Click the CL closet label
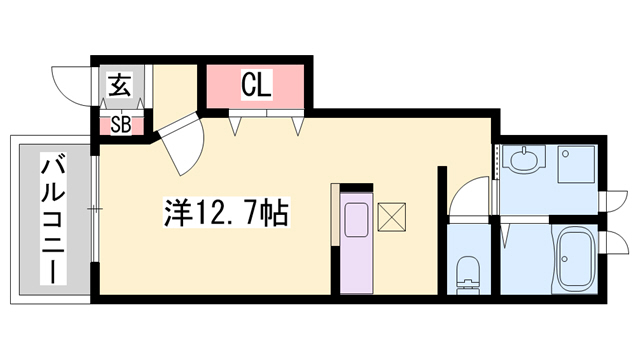pos(257,86)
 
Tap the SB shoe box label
pos(121,125)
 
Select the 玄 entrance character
pos(119,87)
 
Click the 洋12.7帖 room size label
pos(227,212)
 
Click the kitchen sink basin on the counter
pos(355,220)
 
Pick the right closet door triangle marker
pos(297,125)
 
